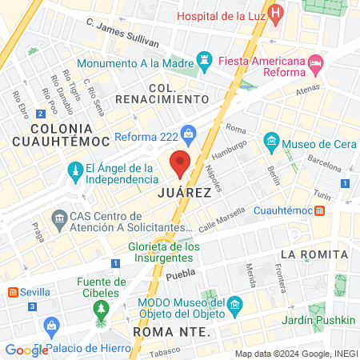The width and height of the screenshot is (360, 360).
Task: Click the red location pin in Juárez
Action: pos(180,162)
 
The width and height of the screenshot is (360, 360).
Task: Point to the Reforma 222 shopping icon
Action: pos(189,133)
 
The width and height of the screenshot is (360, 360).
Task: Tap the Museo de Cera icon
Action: pos(271,144)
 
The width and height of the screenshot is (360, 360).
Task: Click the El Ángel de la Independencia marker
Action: pos(75,172)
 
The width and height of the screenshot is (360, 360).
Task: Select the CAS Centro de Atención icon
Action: pos(58,218)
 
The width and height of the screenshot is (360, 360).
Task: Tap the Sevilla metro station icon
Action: pos(13,293)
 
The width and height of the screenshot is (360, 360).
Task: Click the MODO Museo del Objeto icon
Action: pos(235,306)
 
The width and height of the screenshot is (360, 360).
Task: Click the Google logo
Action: pos(26,350)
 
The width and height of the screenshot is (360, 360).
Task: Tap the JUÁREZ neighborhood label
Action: pos(185,193)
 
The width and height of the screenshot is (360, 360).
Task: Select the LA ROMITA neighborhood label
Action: pos(314,254)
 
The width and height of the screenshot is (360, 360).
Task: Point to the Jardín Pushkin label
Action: pos(323,321)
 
